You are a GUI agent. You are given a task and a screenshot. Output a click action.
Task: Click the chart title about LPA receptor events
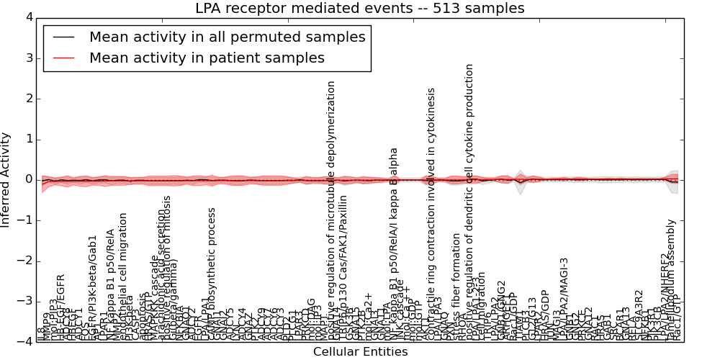tap(359, 9)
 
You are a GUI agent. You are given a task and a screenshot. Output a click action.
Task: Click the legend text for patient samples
tap(207, 58)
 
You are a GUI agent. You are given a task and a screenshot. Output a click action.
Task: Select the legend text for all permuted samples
tap(227, 37)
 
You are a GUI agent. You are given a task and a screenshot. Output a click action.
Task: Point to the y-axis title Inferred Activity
tap(6, 179)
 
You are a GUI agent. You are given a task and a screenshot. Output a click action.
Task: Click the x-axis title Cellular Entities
tap(360, 352)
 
